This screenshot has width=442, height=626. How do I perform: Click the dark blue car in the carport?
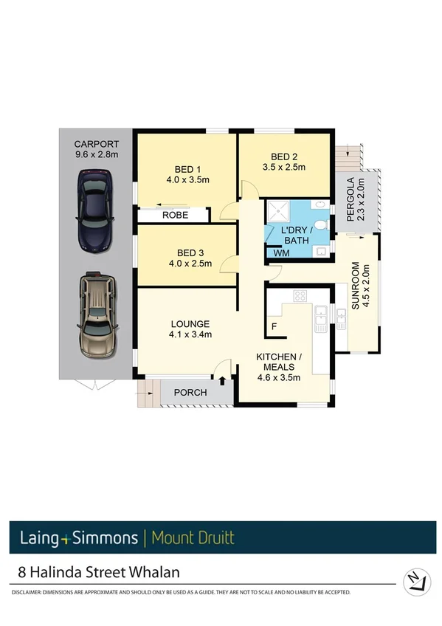(95, 201)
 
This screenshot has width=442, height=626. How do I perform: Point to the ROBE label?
(175, 216)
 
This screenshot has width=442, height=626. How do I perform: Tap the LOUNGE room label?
(190, 324)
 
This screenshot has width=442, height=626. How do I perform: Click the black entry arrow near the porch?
(223, 380)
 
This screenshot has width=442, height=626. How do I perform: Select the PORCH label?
(190, 393)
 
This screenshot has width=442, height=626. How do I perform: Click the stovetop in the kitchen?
(300, 296)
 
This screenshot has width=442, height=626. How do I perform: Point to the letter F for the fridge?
(274, 326)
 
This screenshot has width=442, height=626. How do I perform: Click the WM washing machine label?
(280, 253)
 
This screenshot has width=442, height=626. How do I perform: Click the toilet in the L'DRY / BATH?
(319, 224)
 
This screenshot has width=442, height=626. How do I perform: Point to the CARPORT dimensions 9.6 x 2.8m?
(96, 154)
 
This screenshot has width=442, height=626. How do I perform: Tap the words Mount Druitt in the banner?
(193, 537)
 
